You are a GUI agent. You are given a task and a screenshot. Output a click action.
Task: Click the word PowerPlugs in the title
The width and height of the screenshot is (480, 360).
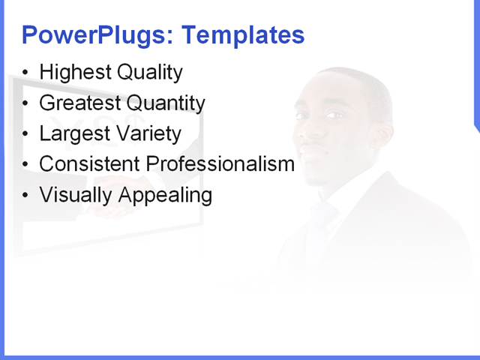click(97, 35)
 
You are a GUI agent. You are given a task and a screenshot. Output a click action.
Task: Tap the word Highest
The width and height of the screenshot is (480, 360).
click(75, 73)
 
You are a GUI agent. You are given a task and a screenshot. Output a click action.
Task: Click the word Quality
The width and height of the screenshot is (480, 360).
click(149, 73)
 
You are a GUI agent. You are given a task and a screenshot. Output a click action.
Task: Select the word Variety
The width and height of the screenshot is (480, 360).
click(147, 134)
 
